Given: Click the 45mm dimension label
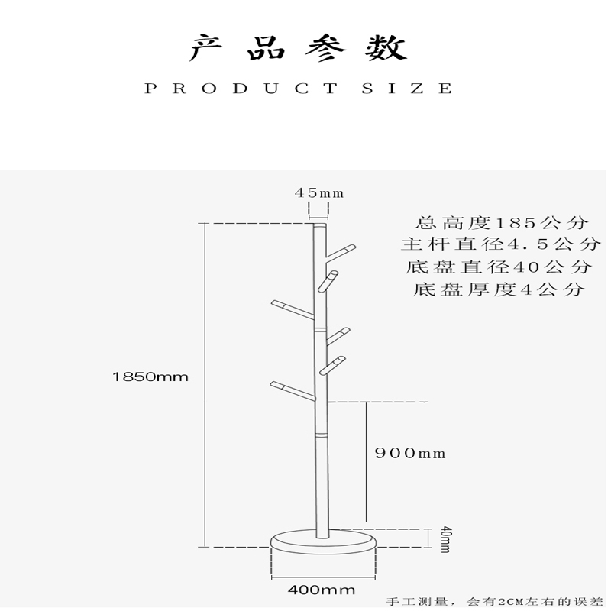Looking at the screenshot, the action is pyautogui.click(x=319, y=193).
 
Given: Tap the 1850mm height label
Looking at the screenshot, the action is pyautogui.click(x=150, y=377).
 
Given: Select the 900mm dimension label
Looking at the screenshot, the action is pyautogui.click(x=409, y=454).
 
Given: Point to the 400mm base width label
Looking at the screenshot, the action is pyautogui.click(x=322, y=590).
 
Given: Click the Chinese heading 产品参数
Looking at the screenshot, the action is pyautogui.click(x=298, y=48).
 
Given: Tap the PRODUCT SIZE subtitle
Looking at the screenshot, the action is pyautogui.click(x=299, y=89).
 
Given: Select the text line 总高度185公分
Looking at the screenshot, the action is pyautogui.click(x=502, y=223).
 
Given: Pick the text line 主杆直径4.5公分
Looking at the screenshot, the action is pyautogui.click(x=501, y=245).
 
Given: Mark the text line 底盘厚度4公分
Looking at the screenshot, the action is pyautogui.click(x=499, y=289).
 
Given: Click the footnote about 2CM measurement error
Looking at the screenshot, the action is pyautogui.click(x=495, y=601).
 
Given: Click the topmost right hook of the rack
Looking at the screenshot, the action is pyautogui.click(x=341, y=251).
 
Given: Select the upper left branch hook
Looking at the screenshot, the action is pyautogui.click(x=291, y=308).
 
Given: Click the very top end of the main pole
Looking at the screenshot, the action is pyautogui.click(x=319, y=225).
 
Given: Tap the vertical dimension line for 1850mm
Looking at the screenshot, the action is pyautogui.click(x=205, y=382).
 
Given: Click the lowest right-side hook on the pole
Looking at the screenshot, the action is pyautogui.click(x=333, y=364).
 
